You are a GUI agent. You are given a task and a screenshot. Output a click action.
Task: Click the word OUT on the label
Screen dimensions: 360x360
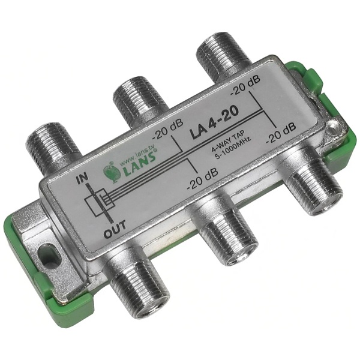tap(115, 228)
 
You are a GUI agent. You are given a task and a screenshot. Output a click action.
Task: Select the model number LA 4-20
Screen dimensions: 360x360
tap(214, 124)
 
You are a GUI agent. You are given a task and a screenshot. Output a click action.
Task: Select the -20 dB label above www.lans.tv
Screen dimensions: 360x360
tap(167, 131)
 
